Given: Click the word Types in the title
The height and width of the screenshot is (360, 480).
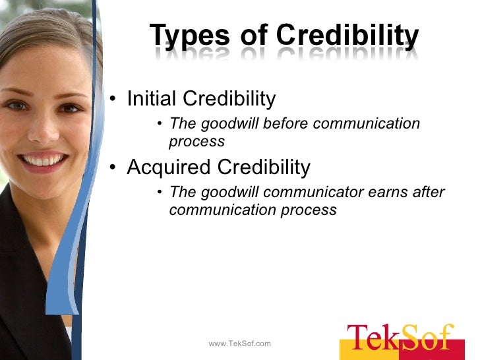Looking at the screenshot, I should (189, 36).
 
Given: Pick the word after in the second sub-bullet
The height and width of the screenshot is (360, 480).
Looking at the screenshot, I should (430, 193).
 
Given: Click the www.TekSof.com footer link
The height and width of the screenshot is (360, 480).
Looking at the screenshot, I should (239, 344).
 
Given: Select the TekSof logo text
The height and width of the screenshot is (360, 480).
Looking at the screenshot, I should (400, 338).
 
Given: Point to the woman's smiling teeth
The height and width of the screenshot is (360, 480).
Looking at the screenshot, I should (44, 160).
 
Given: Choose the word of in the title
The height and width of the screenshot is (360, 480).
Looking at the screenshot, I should (254, 36).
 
